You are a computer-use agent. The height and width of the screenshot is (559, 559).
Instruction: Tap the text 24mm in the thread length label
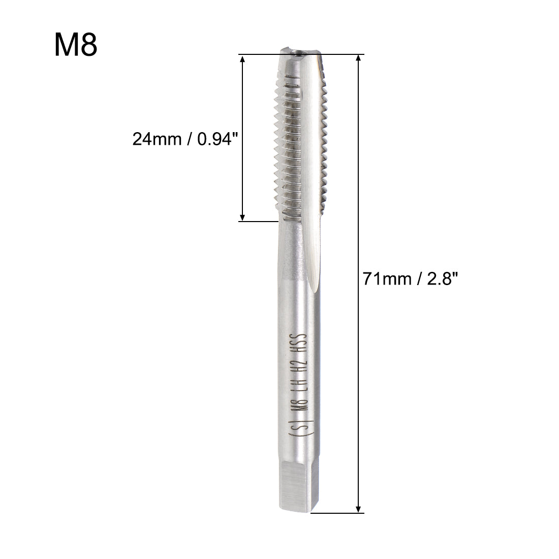157,139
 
